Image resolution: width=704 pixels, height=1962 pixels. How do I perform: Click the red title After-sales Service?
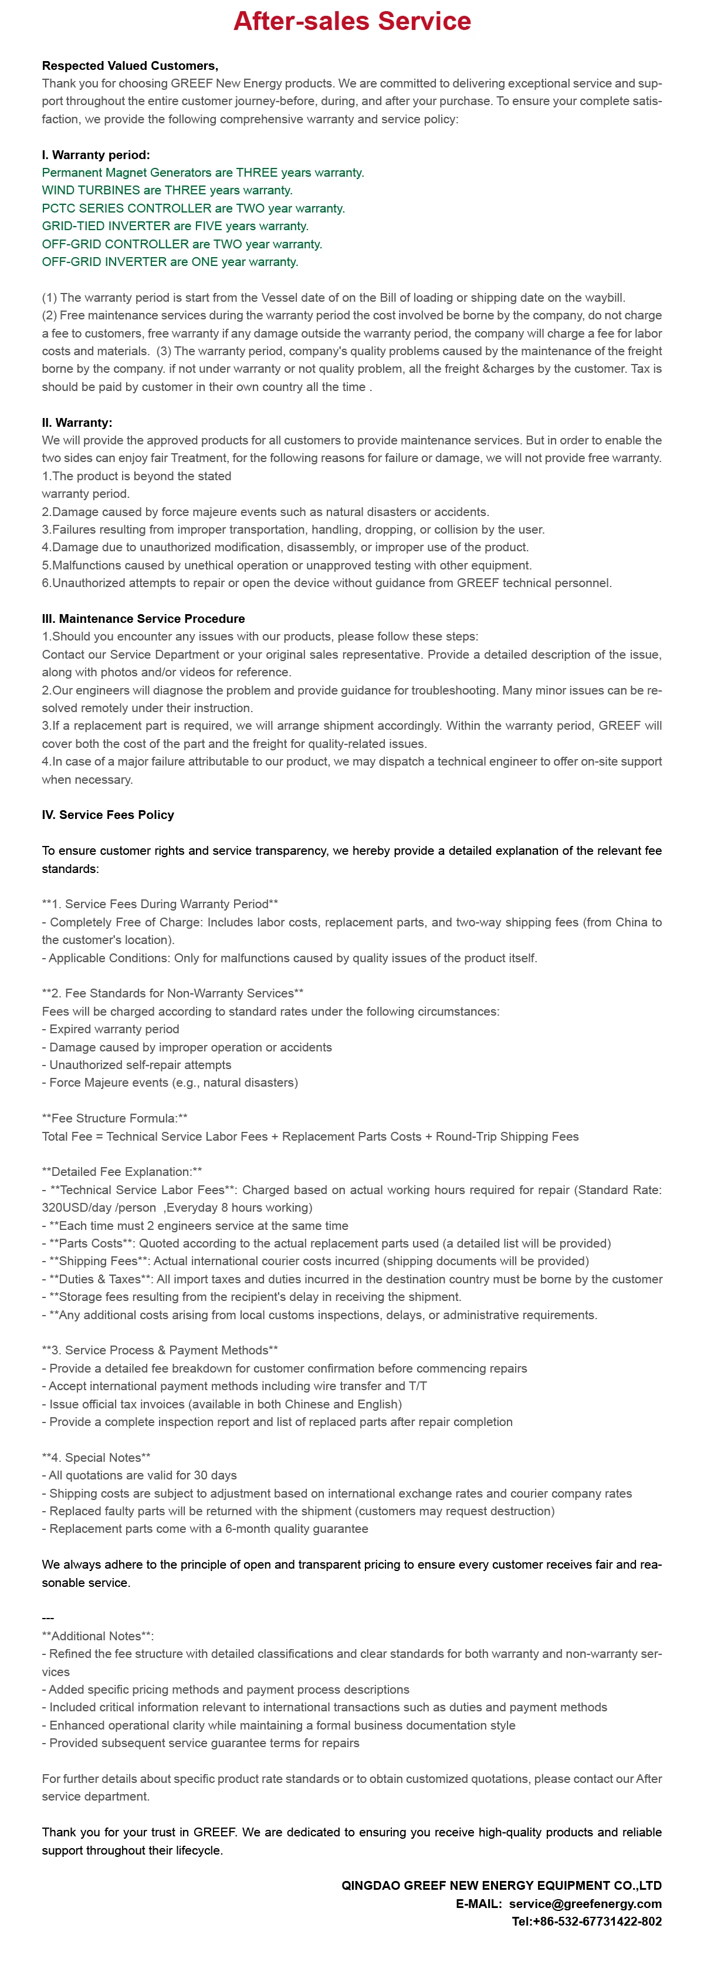351,21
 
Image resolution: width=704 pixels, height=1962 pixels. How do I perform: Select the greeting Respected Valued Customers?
130,66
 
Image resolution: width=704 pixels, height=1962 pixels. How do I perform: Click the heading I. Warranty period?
96,154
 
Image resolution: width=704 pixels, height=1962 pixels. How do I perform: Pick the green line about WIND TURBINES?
167,190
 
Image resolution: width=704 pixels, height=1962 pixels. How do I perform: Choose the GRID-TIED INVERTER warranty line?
175,226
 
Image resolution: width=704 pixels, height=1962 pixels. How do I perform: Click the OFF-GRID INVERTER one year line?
170,262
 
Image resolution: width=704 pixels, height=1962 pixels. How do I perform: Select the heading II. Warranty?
77,423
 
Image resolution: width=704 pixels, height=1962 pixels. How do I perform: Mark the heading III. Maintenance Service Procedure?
143,618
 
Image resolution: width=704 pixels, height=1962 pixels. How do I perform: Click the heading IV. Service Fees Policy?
108,815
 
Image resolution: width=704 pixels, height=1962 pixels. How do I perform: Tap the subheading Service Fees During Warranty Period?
160,904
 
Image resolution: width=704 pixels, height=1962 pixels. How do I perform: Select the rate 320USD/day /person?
99,1207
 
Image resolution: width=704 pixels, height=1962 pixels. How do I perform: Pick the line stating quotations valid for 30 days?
139,1475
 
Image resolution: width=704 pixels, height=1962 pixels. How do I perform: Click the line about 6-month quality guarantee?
205,1529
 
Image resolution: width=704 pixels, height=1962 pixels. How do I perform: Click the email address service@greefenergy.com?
584,1903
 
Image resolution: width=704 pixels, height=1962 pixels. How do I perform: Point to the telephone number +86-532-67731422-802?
586,1921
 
